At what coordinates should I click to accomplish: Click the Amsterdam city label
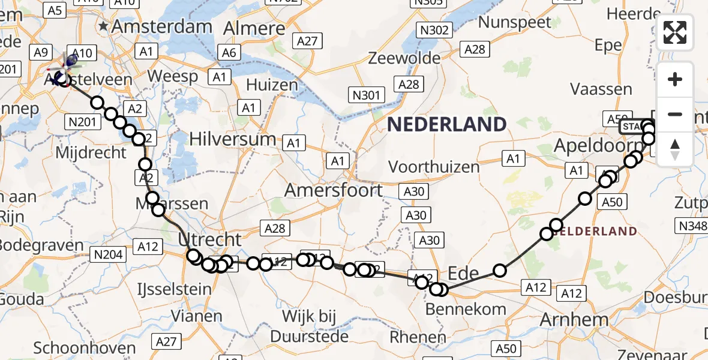pyautogui.click(x=161, y=26)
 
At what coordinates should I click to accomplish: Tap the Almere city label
pyautogui.click(x=254, y=29)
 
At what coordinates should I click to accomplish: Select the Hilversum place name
pyautogui.click(x=232, y=139)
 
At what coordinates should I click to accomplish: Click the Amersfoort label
pyautogui.click(x=334, y=190)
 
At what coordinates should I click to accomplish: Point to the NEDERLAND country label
pyautogui.click(x=447, y=125)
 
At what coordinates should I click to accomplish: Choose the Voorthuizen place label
pyautogui.click(x=434, y=166)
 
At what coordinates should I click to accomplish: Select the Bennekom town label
pyautogui.click(x=466, y=310)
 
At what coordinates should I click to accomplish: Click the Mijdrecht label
pyautogui.click(x=91, y=152)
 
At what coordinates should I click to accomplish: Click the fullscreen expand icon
pyautogui.click(x=675, y=32)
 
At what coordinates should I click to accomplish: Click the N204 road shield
pyautogui.click(x=109, y=255)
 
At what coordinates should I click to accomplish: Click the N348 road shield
pyautogui.click(x=691, y=226)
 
